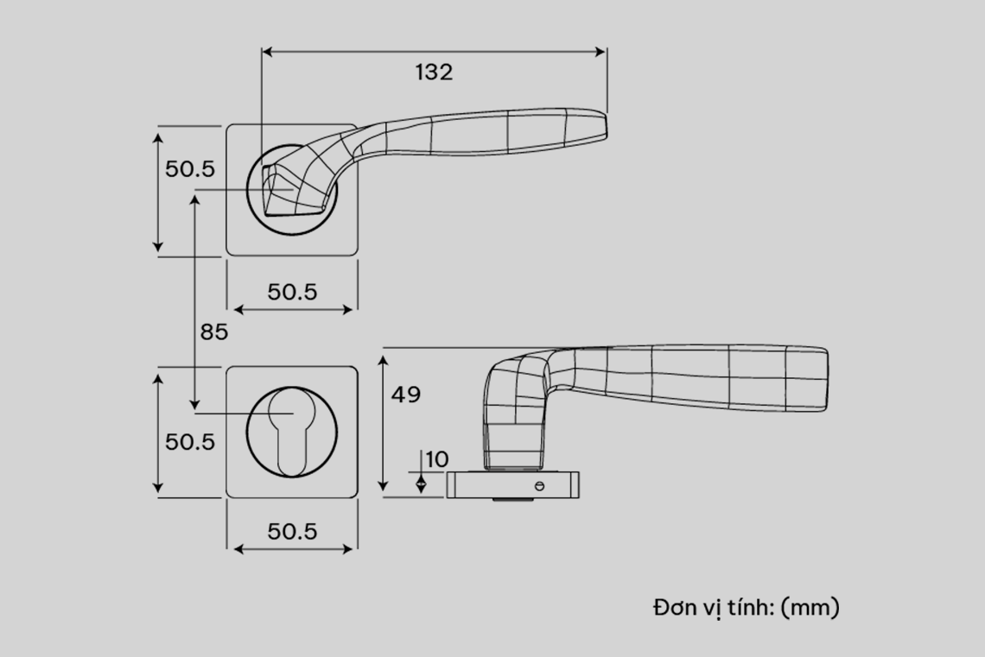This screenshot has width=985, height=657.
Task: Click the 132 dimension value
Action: click(434, 73)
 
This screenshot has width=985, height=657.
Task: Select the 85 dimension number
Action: click(214, 332)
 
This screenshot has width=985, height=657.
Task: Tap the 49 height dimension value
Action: click(406, 395)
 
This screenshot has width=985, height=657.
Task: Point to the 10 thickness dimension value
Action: click(436, 459)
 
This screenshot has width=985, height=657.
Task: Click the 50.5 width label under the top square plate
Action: click(292, 292)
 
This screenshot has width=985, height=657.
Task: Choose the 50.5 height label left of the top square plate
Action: click(190, 169)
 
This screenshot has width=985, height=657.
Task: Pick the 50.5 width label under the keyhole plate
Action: click(292, 532)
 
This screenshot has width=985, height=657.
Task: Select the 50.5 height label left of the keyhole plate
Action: click(190, 442)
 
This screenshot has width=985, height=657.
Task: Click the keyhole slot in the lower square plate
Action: click(291, 433)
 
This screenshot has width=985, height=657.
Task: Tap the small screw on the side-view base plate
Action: click(539, 486)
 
